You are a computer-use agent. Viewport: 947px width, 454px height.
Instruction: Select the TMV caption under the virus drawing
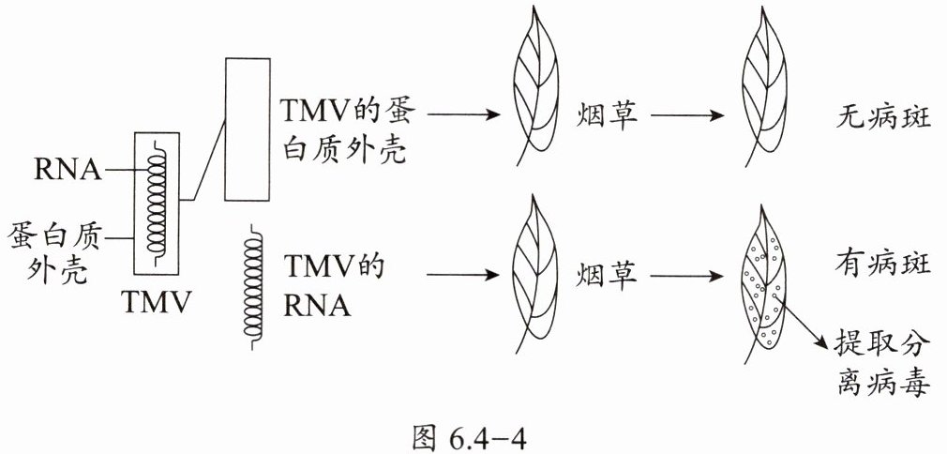tap(157, 302)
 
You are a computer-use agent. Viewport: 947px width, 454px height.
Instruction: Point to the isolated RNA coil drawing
tap(252, 285)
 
